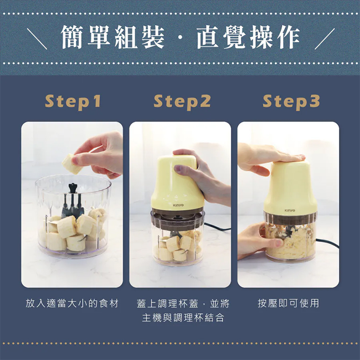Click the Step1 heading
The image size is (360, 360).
pos(73,101)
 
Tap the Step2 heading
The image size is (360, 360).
pos(182,101)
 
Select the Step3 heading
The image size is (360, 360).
pos(291,101)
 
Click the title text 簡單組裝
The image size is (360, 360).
pos(113,38)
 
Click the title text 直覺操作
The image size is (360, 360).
pos(248,38)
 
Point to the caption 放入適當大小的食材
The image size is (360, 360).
pos(72,303)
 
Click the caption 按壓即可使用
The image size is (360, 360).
pos(288,303)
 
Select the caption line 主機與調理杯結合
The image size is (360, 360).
pos(183,318)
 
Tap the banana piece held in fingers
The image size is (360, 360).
pos(72,164)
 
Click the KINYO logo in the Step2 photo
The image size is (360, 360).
pos(178,205)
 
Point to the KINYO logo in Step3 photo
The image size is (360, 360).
pos(290,210)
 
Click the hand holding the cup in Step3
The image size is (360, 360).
pos(254,240)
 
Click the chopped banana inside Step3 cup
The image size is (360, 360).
pos(290,240)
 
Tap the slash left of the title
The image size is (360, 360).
pos(37,38)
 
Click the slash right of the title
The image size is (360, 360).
pos(324,38)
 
